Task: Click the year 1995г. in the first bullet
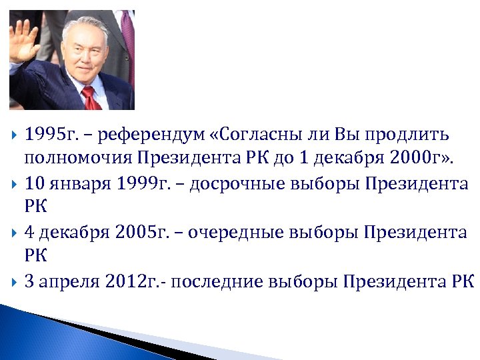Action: pos(51,135)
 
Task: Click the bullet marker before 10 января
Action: pos(14,184)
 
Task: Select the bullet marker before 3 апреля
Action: pos(14,281)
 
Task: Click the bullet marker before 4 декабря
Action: pos(14,233)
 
